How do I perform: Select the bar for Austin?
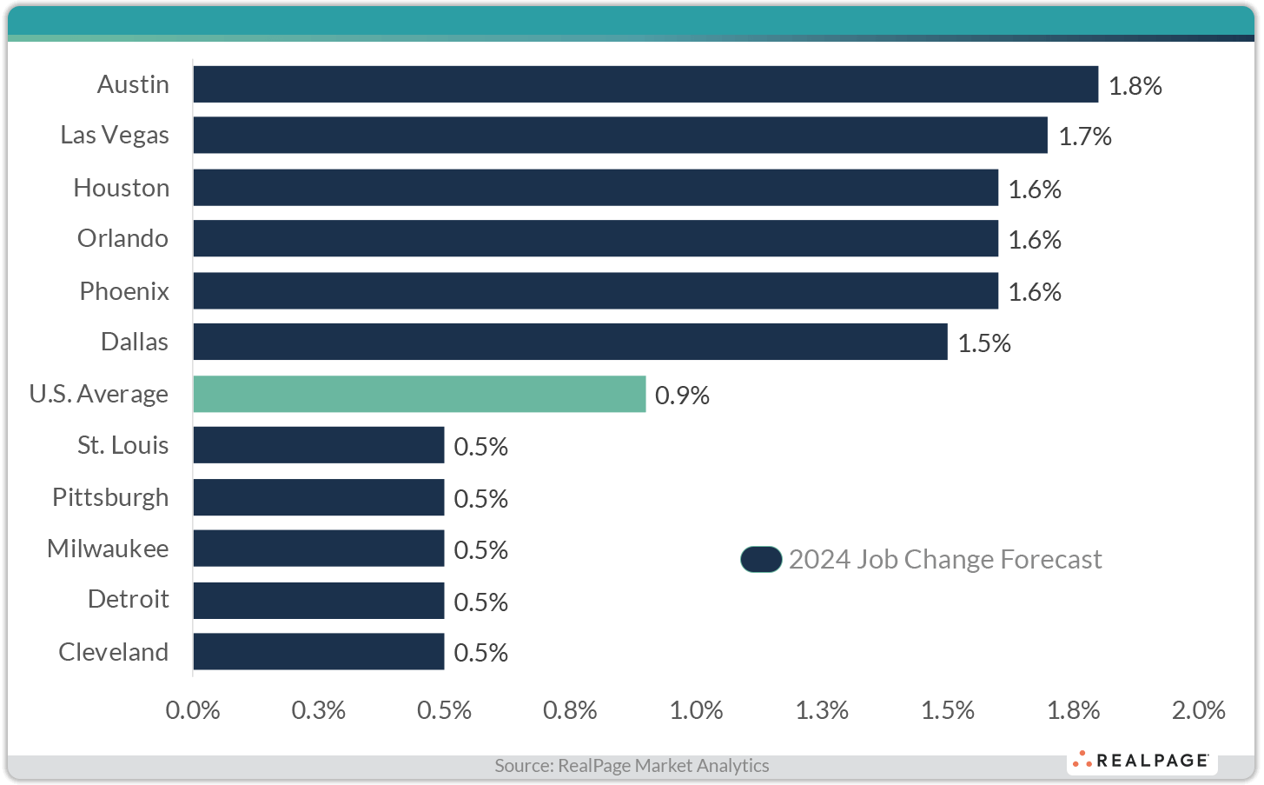click(645, 84)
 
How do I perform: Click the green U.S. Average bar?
click(420, 394)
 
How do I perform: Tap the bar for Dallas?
click(570, 342)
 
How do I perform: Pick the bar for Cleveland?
click(319, 651)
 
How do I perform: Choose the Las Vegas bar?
click(620, 136)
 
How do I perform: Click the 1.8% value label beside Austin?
click(1135, 85)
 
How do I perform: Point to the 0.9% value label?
click(682, 396)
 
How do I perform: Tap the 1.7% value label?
click(1084, 136)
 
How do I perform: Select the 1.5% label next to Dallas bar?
click(983, 343)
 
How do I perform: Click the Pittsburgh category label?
click(110, 497)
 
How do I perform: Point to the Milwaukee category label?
click(108, 549)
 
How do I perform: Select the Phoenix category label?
click(124, 291)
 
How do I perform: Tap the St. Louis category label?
click(122, 445)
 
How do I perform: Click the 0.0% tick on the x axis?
click(193, 710)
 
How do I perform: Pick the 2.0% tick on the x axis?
click(1198, 710)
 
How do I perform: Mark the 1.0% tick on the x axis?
click(696, 710)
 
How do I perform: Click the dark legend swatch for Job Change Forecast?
click(761, 560)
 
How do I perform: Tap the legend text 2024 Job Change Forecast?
click(944, 560)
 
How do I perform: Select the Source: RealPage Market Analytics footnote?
click(632, 766)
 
